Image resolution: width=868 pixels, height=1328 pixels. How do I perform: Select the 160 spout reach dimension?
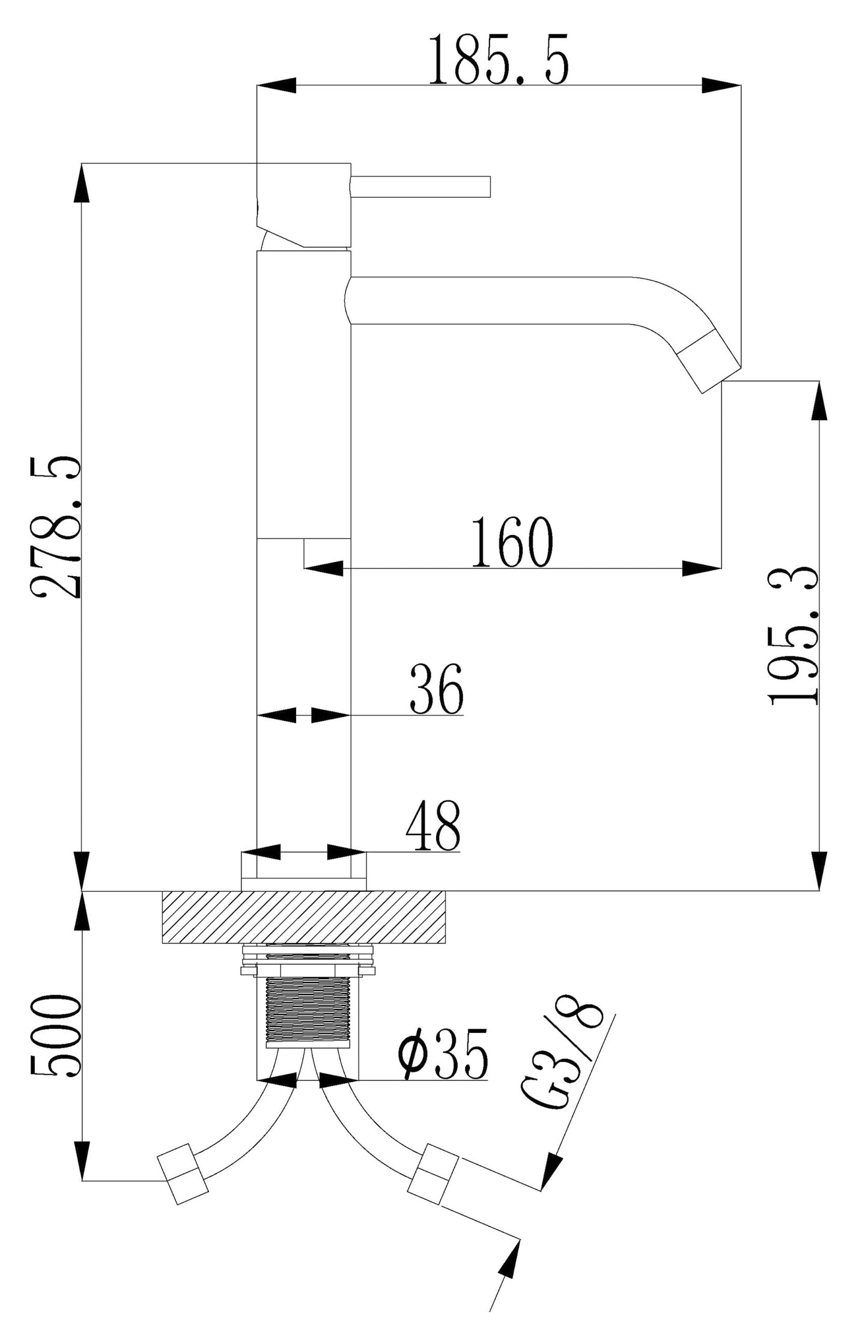click(511, 542)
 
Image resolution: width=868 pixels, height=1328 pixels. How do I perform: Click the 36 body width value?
click(436, 689)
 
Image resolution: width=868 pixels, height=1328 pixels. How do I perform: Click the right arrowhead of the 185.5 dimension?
click(721, 85)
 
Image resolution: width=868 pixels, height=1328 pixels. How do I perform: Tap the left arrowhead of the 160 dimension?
click(324, 568)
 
